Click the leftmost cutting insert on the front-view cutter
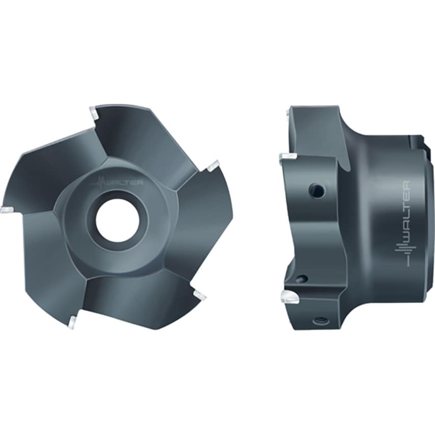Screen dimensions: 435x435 pyautogui.click(x=8, y=209)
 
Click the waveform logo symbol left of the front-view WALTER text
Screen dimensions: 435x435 pyautogui.click(x=100, y=183)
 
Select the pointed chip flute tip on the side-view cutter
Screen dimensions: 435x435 pyautogui.click(x=347, y=169)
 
